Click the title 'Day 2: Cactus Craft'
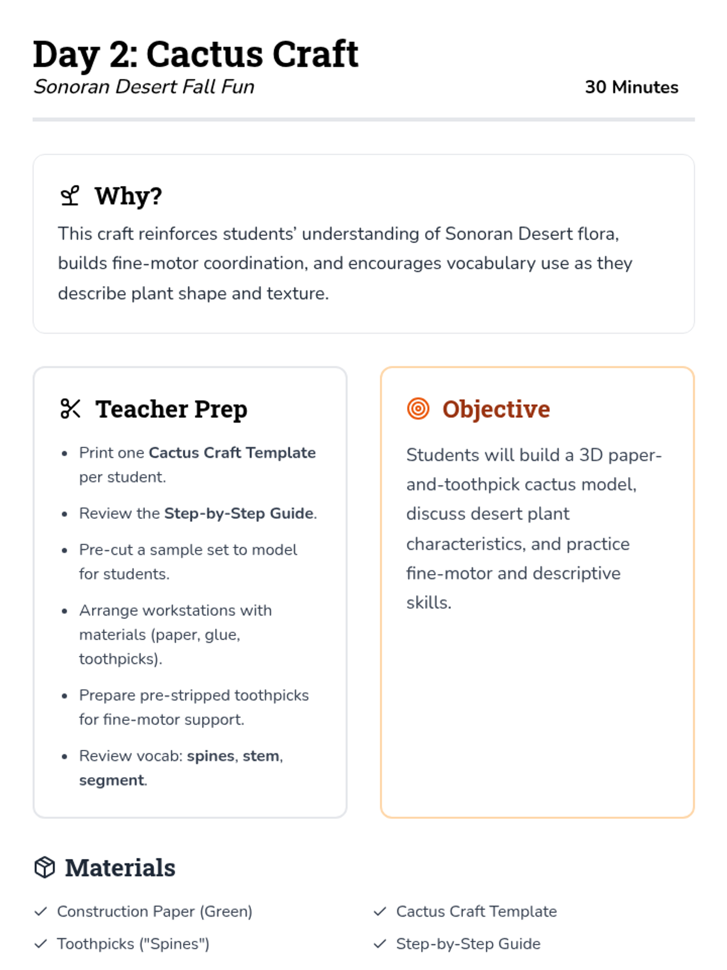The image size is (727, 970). [195, 55]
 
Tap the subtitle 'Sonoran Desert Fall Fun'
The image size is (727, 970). [144, 87]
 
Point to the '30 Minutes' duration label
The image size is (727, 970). [631, 87]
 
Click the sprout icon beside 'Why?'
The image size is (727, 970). [70, 196]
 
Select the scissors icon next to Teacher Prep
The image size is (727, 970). [70, 409]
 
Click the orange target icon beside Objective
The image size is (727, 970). [418, 409]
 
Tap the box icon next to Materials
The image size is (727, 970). [45, 868]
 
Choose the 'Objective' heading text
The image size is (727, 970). [496, 409]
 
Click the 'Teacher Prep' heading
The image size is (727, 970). [171, 409]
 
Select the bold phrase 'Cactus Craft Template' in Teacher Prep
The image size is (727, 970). [232, 453]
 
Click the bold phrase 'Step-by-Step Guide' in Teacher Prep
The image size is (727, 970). [239, 513]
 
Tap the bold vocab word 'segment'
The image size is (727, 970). [111, 780]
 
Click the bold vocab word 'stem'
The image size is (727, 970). [261, 756]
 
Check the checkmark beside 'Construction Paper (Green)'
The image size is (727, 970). [41, 911]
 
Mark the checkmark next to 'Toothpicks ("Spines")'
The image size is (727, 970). [41, 944]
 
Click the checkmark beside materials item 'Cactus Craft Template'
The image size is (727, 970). [380, 911]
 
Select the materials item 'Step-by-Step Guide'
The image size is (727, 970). [468, 944]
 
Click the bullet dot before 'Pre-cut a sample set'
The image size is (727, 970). [64, 550]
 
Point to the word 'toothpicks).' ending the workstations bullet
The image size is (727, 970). [121, 659]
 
